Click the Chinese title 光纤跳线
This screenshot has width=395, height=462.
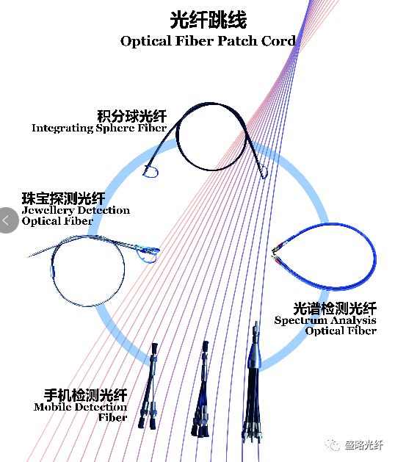(209, 20)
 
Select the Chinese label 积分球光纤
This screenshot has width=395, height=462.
(132, 116)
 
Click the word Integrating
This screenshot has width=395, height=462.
(62, 128)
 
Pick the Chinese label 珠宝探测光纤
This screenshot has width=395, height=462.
(63, 198)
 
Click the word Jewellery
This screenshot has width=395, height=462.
(48, 210)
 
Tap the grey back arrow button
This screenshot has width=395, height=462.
(8, 220)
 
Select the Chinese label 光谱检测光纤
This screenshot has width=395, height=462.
(335, 308)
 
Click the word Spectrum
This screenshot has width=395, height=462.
(299, 320)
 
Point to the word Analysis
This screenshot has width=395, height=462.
(352, 320)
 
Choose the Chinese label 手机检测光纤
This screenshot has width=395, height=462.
(85, 395)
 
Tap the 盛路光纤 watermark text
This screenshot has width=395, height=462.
(364, 445)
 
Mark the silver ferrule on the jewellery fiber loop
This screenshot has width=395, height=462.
(53, 271)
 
